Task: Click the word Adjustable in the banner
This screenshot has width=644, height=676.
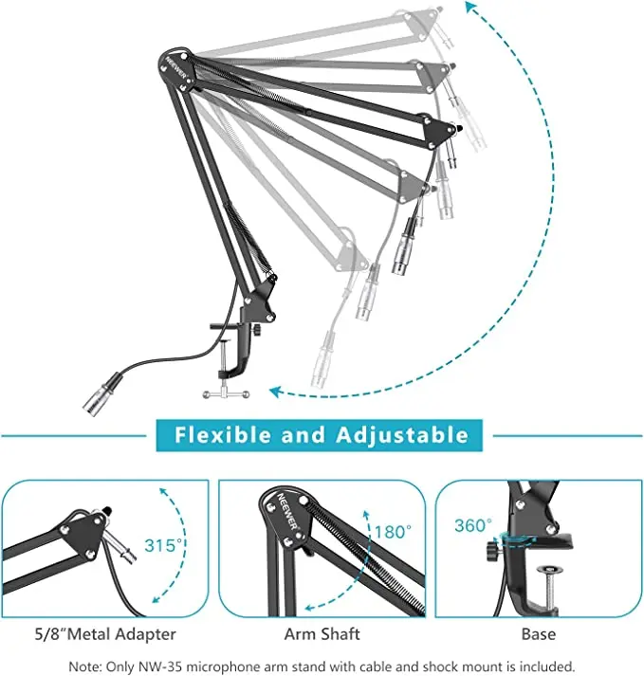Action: [402, 435]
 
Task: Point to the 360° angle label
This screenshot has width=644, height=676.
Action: [473, 525]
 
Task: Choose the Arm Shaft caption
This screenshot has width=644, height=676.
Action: [322, 633]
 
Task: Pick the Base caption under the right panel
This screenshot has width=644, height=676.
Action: [537, 633]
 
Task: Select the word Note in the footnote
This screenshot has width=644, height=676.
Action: [83, 666]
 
